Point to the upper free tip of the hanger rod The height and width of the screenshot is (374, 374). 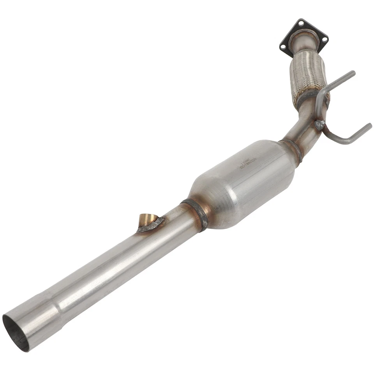[x=353, y=72]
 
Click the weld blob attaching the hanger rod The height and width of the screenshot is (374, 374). [x=319, y=125]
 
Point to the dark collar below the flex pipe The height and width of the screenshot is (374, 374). [x=308, y=98]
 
